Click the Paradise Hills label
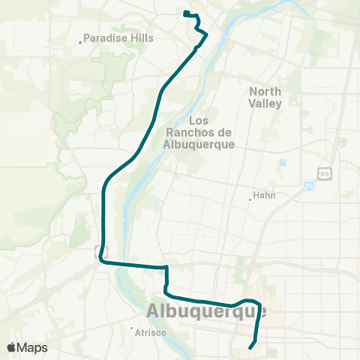118,37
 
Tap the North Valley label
265,97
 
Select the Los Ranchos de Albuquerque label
199,132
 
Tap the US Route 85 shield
324,174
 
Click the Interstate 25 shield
308,185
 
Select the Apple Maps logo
27,347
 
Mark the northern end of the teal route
184,12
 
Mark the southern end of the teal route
250,346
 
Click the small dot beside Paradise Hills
80,42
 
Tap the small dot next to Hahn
250,199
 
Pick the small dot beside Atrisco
132,329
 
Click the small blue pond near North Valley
283,163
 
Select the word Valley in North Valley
266,103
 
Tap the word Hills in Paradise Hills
140,37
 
